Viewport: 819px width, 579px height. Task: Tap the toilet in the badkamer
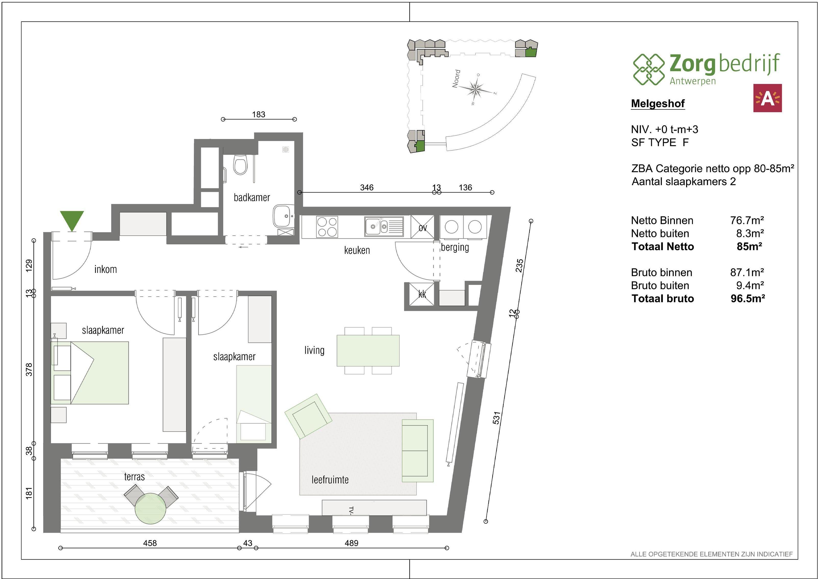[241, 165]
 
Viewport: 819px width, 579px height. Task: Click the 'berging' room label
[455, 247]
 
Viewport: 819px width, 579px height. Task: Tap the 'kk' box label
[422, 294]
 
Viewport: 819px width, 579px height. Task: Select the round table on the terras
[150, 508]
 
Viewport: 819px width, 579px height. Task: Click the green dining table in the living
[368, 350]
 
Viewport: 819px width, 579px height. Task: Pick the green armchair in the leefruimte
[308, 416]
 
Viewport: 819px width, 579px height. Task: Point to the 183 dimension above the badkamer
[259, 115]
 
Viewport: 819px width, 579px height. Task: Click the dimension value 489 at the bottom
[351, 543]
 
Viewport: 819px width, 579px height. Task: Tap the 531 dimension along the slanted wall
[497, 418]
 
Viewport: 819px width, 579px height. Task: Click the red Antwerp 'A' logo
[767, 98]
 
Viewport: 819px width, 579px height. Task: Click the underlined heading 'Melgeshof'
[658, 104]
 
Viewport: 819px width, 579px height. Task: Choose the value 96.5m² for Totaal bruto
[748, 299]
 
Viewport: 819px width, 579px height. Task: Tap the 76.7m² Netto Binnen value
[747, 220]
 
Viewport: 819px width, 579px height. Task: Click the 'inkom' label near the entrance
[106, 269]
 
